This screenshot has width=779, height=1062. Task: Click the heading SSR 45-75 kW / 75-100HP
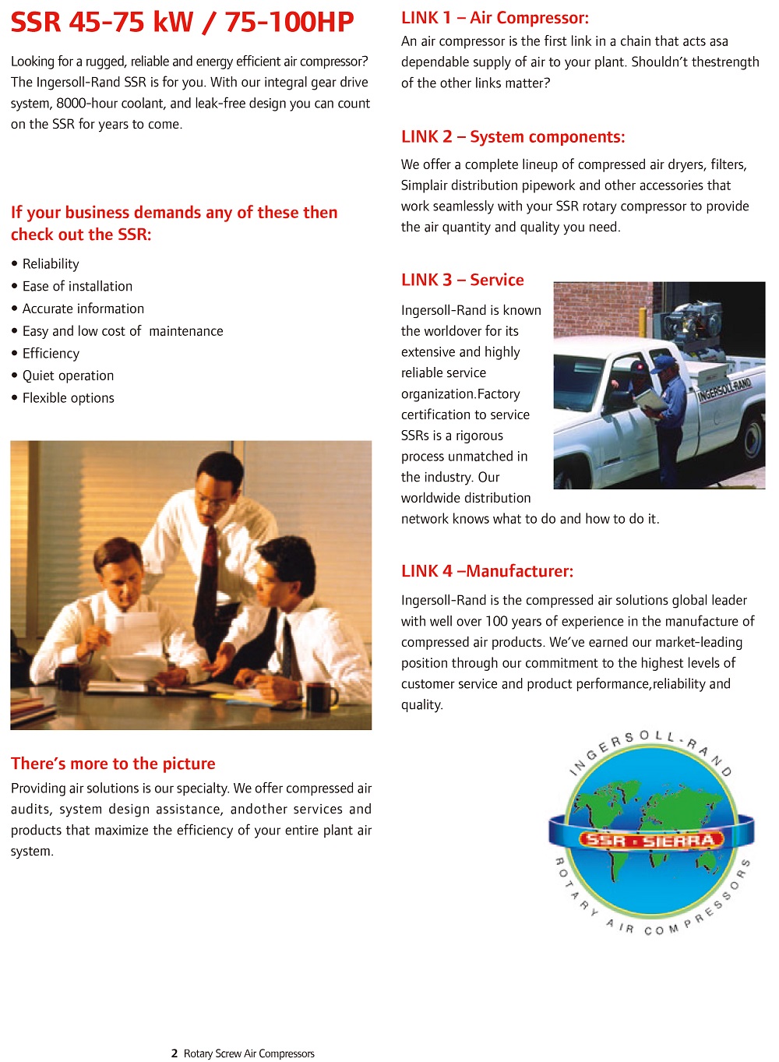(182, 22)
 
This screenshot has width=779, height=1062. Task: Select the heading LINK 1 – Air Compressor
(495, 18)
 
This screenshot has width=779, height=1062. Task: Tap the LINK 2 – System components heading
(513, 137)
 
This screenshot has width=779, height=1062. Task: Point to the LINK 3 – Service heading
(462, 280)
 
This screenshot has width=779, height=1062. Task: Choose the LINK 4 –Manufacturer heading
(487, 571)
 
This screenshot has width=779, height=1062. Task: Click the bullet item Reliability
(51, 264)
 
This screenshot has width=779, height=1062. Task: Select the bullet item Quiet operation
(68, 376)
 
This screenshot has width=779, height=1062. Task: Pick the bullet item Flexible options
(68, 398)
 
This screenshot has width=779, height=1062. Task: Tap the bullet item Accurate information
(83, 309)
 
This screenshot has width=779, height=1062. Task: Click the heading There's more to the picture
(113, 764)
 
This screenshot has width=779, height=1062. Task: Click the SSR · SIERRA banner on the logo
(651, 840)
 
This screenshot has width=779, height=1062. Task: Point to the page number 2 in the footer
(174, 1053)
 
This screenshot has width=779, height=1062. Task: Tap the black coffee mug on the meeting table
(319, 697)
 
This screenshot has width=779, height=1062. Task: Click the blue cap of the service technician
(664, 362)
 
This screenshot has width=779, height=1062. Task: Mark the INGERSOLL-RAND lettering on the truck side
(724, 389)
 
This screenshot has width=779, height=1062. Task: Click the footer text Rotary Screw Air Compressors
(249, 1053)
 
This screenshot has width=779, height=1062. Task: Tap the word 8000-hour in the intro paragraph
(84, 103)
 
